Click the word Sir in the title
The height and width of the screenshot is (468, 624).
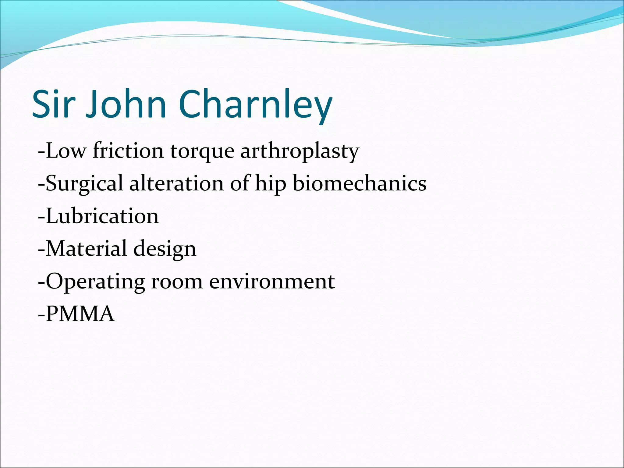[x=54, y=104]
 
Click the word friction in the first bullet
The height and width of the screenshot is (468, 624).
[x=128, y=151]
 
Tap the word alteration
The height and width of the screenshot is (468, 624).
[x=177, y=183]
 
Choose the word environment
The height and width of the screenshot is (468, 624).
[x=272, y=282]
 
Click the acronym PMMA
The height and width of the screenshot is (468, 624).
[x=80, y=314]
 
